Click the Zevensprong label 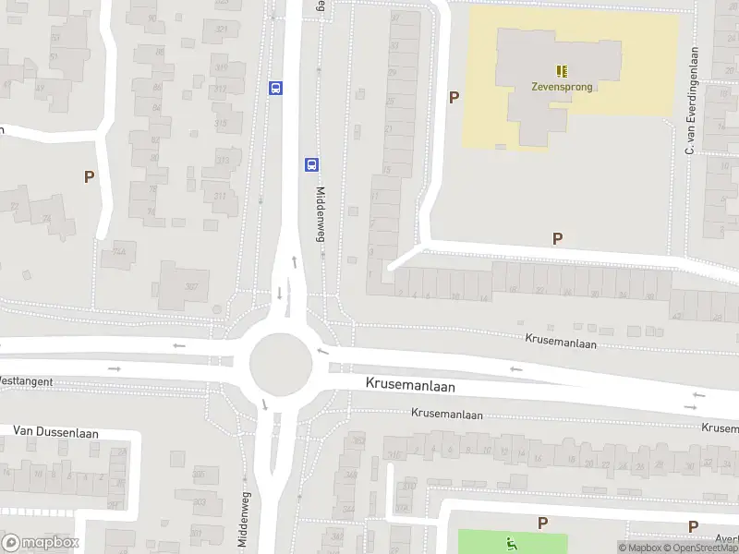[x=562, y=88]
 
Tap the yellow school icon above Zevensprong [x=562, y=70]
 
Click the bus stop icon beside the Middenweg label [x=311, y=164]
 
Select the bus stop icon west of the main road [x=275, y=88]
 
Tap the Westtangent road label [x=26, y=380]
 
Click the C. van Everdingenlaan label [x=689, y=102]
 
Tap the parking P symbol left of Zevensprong [x=454, y=97]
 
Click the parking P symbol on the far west [x=89, y=176]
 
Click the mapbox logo [x=41, y=543]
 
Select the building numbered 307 [x=191, y=285]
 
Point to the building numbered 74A [x=118, y=251]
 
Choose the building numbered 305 [x=200, y=474]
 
